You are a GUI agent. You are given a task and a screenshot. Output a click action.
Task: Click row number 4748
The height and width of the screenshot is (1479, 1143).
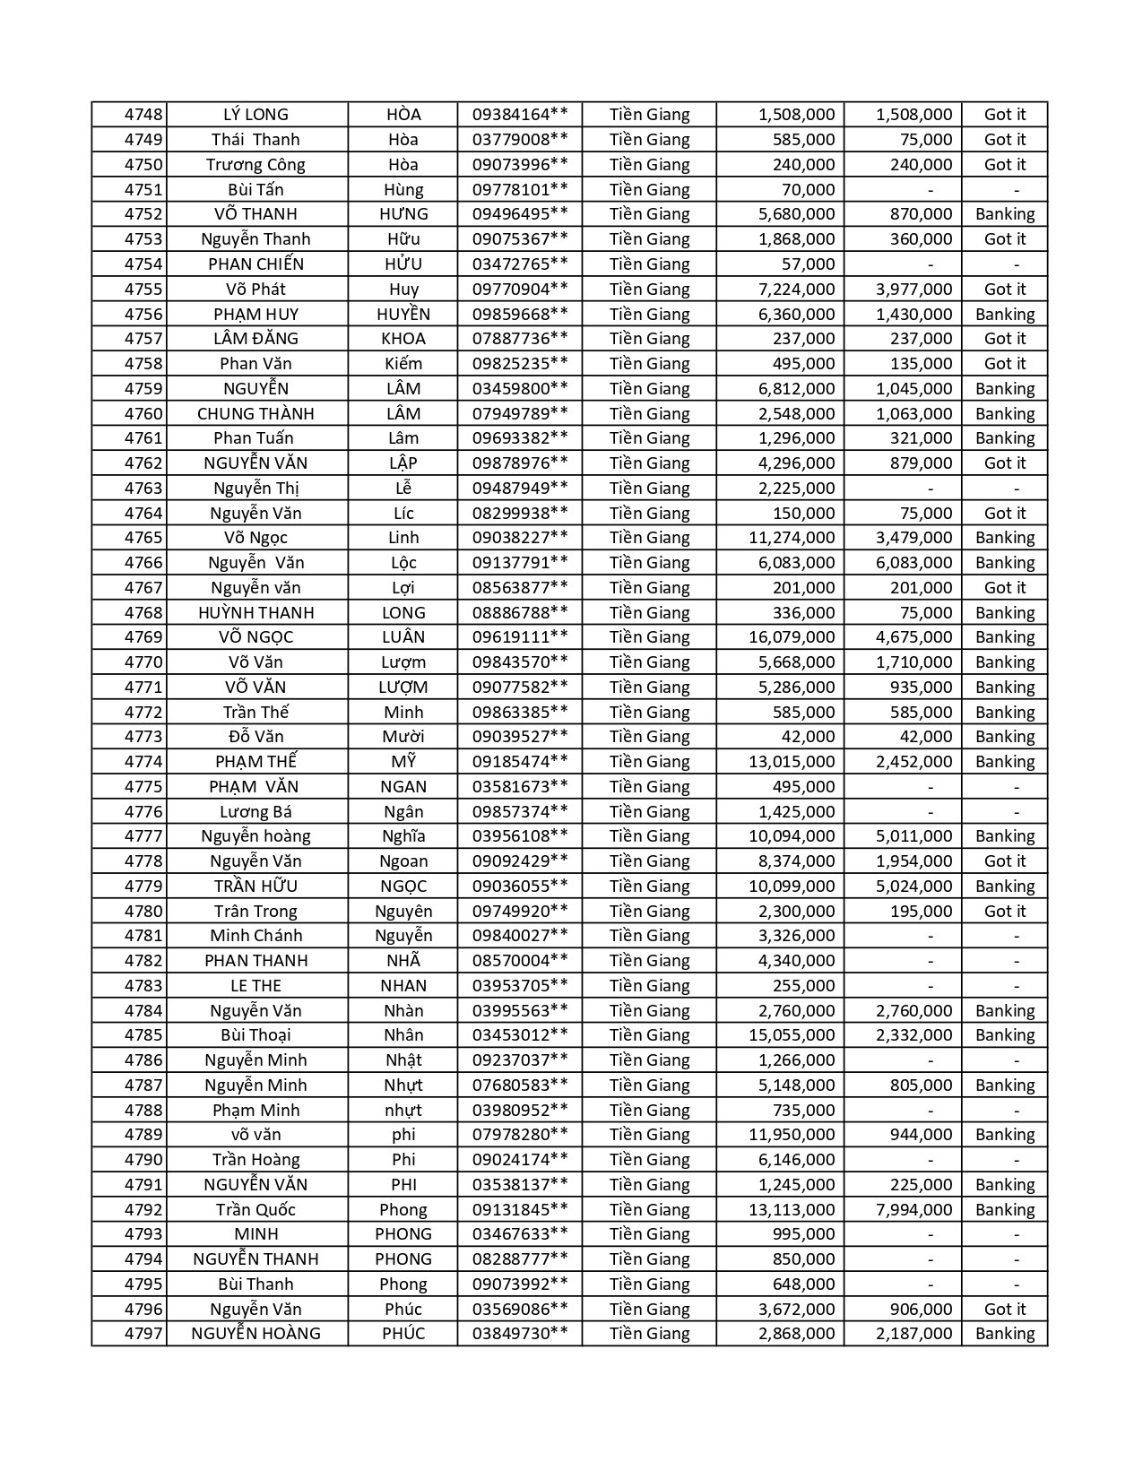(x=143, y=115)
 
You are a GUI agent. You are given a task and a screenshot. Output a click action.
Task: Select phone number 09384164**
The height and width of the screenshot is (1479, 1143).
(x=520, y=115)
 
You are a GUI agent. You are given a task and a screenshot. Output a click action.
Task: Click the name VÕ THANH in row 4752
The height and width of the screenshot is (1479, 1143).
(x=255, y=214)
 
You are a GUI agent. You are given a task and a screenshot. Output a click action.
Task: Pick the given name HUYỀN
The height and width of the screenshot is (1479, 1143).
(x=403, y=314)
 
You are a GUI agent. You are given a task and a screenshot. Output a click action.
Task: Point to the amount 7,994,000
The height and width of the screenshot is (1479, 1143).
(x=914, y=1209)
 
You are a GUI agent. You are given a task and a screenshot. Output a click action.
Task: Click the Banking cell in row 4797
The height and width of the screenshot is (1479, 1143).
(x=1005, y=1334)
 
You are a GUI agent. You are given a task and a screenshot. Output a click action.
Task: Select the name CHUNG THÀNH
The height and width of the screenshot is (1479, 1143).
(x=255, y=413)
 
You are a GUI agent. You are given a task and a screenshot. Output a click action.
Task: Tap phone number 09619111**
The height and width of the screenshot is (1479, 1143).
(x=520, y=637)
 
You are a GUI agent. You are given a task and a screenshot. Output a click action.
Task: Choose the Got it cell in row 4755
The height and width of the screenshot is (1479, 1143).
(x=1005, y=289)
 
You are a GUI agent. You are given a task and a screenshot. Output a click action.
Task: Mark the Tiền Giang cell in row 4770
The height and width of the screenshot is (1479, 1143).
(x=650, y=662)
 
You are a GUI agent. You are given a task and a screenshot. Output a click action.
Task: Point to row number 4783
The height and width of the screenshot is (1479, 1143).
(x=143, y=985)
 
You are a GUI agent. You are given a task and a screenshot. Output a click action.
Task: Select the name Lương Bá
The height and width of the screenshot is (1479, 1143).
(x=255, y=811)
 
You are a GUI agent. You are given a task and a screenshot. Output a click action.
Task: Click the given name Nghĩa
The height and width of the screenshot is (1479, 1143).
(x=403, y=836)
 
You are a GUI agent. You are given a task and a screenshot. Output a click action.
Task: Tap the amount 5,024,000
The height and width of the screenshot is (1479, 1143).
(x=914, y=886)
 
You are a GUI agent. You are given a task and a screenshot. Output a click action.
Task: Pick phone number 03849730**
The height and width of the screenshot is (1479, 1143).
(x=520, y=1334)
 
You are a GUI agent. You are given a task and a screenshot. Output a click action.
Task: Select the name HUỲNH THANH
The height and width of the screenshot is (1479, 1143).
(x=255, y=612)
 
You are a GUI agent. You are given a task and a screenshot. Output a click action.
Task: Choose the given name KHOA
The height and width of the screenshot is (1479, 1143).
(x=403, y=339)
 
